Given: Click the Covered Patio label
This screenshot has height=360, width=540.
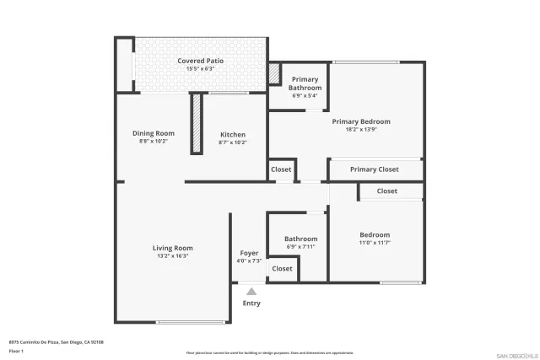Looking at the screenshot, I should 200,61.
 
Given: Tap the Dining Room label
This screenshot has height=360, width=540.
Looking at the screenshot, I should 154,133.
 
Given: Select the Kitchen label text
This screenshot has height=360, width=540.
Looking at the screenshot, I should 233,135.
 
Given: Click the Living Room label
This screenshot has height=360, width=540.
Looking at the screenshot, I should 172,248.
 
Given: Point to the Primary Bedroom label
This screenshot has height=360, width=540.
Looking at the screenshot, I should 361,121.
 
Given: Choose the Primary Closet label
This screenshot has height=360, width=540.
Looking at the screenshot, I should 375,169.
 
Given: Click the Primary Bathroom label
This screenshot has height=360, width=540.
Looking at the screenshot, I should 305,83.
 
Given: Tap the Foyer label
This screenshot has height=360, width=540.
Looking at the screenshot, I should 249,253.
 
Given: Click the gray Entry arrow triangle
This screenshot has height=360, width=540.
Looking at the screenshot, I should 251,291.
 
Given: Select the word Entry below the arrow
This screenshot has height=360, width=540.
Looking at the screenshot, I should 251,304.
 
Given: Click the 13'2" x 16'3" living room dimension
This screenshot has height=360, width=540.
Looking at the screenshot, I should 172,255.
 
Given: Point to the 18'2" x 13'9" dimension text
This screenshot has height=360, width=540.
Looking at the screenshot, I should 361,130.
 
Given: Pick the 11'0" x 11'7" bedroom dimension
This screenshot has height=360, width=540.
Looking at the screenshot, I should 375,243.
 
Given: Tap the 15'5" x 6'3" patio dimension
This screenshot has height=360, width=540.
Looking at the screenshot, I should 200,68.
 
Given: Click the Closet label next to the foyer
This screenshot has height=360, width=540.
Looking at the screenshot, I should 283,269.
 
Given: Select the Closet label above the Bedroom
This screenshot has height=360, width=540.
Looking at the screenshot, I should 386,191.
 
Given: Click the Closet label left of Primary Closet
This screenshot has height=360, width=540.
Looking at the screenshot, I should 281,169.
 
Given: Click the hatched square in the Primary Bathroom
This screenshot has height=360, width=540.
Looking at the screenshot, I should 274,74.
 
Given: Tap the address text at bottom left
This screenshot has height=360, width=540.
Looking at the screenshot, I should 56,342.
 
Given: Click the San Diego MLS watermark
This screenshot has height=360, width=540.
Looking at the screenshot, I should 516,355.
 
